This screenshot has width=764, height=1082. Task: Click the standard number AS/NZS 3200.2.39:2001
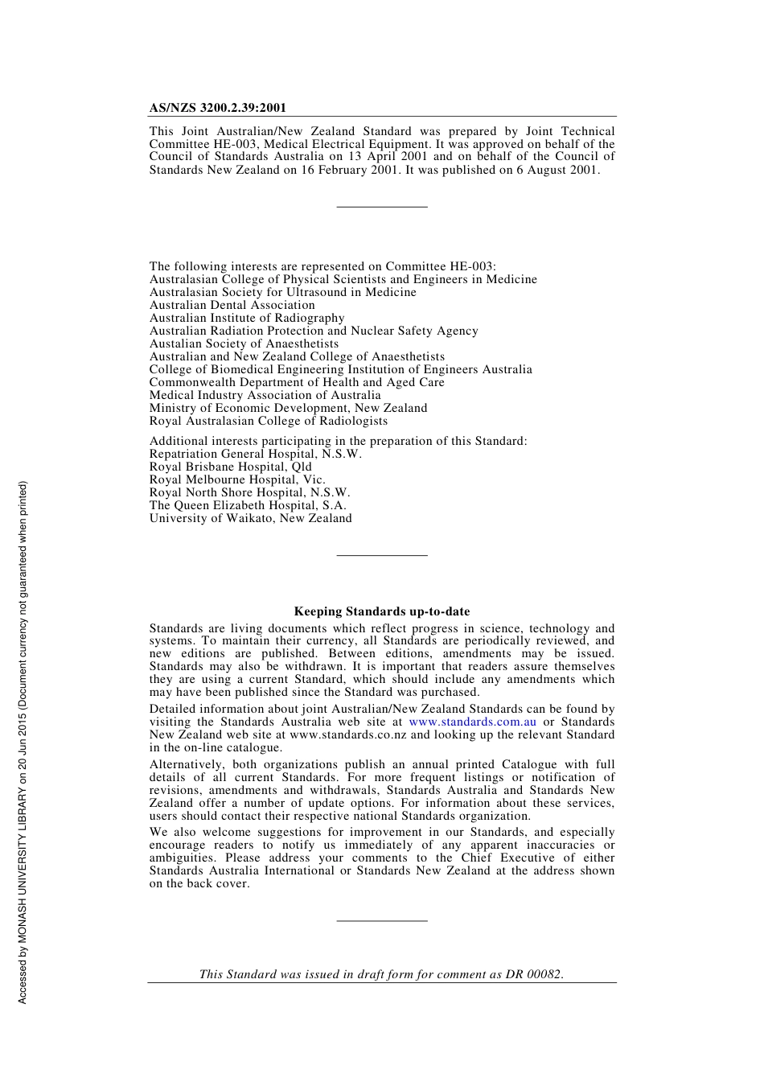tap(217, 108)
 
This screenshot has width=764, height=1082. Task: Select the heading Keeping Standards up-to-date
tap(382, 611)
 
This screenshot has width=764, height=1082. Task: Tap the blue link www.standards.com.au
tap(472, 722)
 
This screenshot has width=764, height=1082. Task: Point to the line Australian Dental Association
tap(232, 305)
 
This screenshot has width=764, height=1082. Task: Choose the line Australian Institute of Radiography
tap(246, 318)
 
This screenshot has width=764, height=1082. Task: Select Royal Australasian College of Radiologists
tap(268, 421)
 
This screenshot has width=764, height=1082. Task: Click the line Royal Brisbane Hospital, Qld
tap(230, 467)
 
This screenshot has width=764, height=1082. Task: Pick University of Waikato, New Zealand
tap(250, 518)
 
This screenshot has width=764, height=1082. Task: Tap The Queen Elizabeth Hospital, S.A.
tap(248, 505)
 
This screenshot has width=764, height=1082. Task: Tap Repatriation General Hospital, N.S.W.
tap(255, 454)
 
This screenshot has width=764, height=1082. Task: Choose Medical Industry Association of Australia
tap(265, 395)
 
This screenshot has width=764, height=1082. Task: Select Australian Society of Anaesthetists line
tap(244, 344)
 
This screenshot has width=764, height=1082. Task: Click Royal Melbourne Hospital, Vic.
tap(237, 479)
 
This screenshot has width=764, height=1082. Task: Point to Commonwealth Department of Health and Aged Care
tap(297, 382)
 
